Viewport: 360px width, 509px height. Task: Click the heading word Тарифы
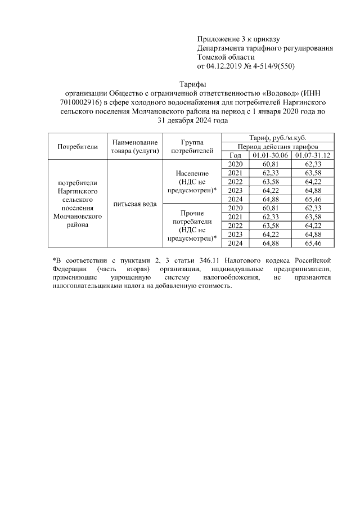point(193,84)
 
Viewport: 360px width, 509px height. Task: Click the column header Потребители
point(78,147)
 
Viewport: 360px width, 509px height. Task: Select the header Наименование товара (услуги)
point(134,147)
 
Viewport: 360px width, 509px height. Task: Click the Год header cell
point(236,155)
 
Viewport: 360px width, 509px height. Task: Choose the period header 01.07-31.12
point(313,155)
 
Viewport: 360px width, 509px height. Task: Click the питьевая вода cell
point(134,203)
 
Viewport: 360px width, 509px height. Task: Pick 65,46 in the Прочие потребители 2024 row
point(313,243)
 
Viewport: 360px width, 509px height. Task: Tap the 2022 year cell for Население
point(236,182)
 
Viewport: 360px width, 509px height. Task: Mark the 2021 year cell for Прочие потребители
point(236,217)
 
